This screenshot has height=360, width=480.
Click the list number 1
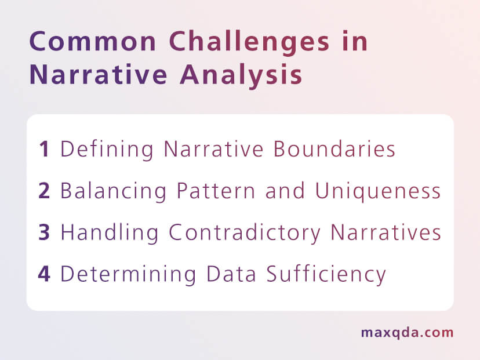point(44,150)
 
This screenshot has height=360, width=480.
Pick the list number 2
point(44,191)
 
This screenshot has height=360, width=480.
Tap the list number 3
point(44,232)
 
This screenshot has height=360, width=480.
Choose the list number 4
point(44,274)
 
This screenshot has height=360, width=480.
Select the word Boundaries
point(334,150)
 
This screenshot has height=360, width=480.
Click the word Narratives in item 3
point(386,232)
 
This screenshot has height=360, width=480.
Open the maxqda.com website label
point(407,333)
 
